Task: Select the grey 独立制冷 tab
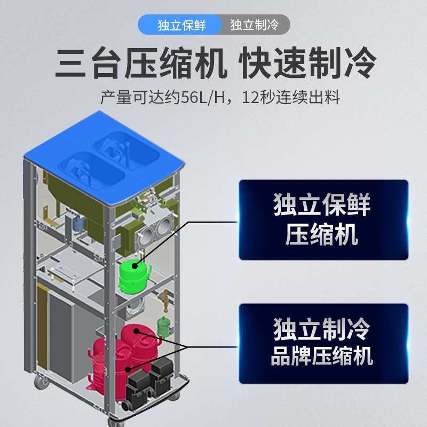254,25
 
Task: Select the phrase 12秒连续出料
291,98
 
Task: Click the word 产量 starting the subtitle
110,98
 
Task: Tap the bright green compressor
133,276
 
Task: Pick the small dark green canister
163,325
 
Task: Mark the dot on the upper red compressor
137,331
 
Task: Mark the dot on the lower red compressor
128,368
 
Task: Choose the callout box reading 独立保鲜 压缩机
323,219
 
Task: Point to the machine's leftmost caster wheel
40,382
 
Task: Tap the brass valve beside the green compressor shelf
165,295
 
